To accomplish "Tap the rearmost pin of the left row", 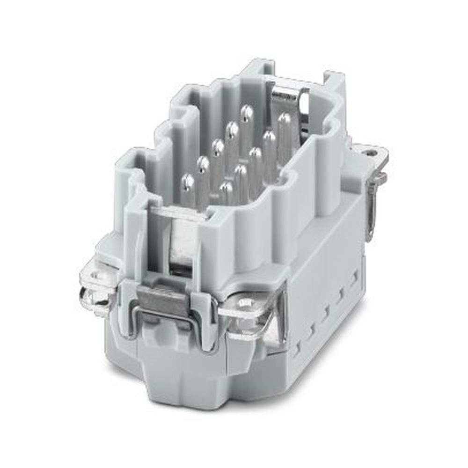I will (x=246, y=112).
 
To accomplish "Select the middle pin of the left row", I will (x=218, y=146).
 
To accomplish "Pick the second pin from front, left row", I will (x=203, y=163).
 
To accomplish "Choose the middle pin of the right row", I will (x=255, y=153).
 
